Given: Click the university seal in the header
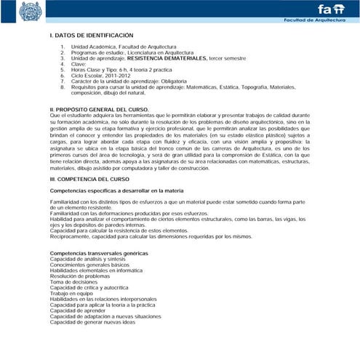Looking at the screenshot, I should click(x=32, y=11).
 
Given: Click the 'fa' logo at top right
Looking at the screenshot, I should click(x=327, y=9).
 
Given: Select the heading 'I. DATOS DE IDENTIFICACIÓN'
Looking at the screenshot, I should click(x=92, y=35).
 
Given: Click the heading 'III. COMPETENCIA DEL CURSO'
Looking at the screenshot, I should click(x=89, y=178).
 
